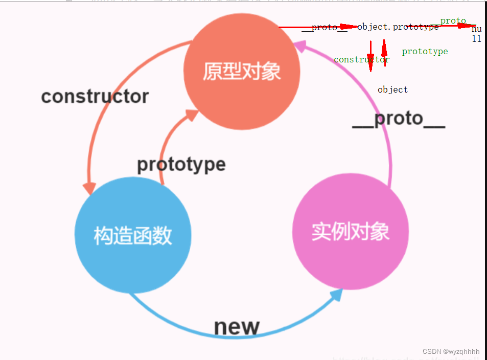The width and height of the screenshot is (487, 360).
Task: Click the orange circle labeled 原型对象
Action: point(242,72)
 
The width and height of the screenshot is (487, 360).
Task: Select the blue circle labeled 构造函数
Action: point(133,235)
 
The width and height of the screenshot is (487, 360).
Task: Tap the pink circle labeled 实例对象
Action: point(351,232)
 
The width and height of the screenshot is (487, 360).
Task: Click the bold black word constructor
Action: point(95,96)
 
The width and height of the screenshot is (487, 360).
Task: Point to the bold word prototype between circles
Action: point(181,164)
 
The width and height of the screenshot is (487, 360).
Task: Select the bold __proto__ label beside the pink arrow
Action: point(399,119)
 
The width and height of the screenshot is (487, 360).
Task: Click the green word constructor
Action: point(361,60)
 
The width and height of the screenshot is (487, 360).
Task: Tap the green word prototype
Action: point(425,51)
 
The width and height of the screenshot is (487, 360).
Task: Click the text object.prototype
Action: point(398,27)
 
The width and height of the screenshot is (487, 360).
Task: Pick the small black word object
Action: point(392,89)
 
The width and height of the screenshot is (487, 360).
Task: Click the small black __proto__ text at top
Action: point(324,28)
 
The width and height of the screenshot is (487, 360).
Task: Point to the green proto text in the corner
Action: point(453,21)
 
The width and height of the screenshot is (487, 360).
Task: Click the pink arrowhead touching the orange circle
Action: point(298,47)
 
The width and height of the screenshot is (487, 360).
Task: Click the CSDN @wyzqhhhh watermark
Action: point(451,351)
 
